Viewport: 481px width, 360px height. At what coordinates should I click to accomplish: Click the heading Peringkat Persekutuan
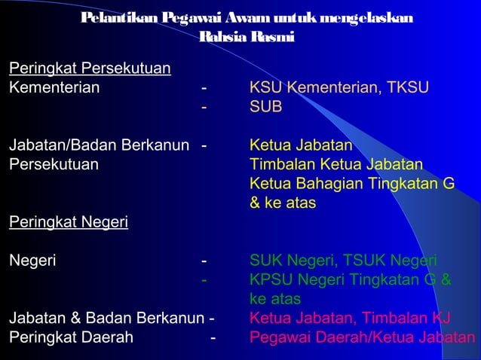89,70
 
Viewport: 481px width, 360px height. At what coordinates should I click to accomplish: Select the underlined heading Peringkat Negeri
68,223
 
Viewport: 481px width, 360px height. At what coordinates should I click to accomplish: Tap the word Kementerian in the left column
54,89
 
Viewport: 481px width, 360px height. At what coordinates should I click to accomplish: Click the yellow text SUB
265,108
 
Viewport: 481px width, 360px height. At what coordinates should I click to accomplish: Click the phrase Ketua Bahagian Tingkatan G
352,184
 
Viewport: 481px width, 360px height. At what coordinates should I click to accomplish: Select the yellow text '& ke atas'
283,203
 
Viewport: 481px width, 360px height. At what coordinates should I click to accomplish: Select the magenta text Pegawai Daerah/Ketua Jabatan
363,337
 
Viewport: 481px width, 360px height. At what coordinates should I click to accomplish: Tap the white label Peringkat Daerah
71,337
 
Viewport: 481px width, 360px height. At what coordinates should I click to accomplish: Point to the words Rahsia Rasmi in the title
247,37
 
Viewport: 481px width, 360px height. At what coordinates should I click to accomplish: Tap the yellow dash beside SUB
204,108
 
